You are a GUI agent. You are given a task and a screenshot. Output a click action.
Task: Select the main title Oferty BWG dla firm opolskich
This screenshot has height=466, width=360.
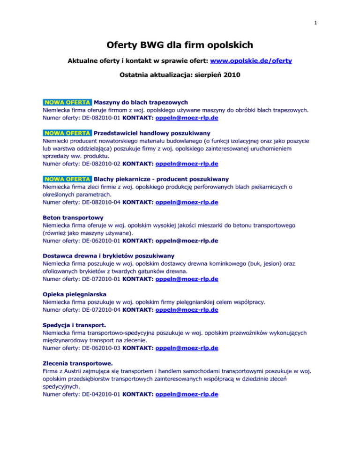(180, 45)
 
